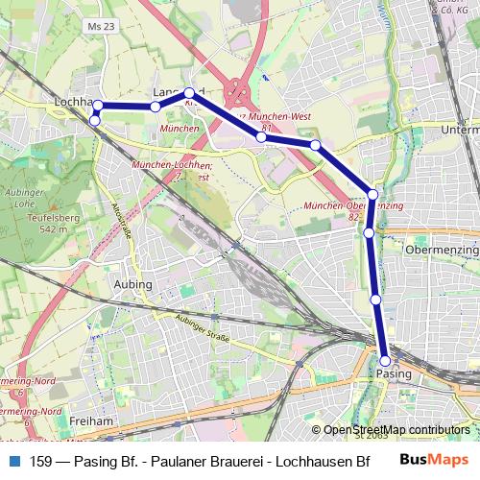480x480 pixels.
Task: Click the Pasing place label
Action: pyautogui.click(x=395, y=372)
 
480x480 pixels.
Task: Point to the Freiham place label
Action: pyautogui.click(x=92, y=420)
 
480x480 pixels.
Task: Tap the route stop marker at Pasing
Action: pyautogui.click(x=385, y=361)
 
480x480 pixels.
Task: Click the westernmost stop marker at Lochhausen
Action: pyautogui.click(x=95, y=120)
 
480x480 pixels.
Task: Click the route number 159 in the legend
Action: pyautogui.click(x=41, y=461)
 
